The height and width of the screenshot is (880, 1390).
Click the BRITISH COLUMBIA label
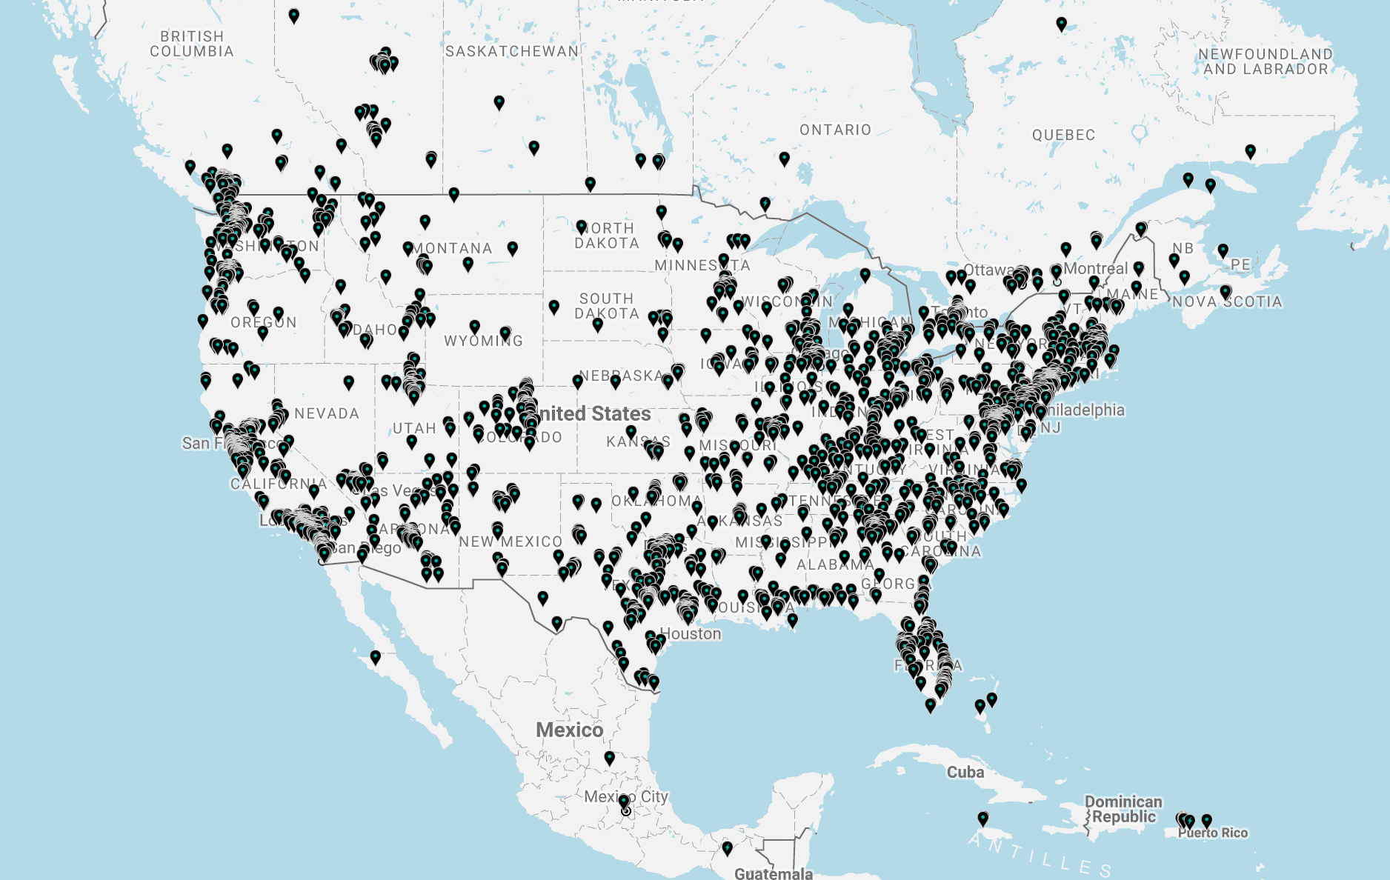click(192, 44)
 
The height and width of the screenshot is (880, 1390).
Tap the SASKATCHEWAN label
click(512, 51)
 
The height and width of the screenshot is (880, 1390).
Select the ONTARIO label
click(835, 130)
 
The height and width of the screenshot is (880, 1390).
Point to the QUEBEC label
click(1063, 135)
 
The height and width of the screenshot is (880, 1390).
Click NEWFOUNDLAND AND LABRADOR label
click(1266, 61)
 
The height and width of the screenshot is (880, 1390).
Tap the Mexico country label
click(569, 730)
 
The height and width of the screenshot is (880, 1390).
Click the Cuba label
click(965, 773)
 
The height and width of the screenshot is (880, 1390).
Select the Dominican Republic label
click(1123, 810)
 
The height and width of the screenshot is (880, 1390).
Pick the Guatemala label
click(774, 873)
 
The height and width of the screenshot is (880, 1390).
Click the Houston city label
click(690, 634)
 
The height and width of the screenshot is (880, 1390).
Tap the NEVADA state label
click(327, 413)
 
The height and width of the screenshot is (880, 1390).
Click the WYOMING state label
click(483, 341)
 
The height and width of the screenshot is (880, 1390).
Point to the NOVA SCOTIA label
click(1227, 302)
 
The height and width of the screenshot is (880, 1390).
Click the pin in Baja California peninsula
click(376, 656)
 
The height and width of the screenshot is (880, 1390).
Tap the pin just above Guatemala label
click(727, 847)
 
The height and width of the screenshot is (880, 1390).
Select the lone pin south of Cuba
click(982, 818)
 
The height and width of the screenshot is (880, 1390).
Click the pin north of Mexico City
click(609, 757)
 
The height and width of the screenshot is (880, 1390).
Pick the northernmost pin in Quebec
click(1061, 24)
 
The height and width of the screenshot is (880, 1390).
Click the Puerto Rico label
click(1213, 833)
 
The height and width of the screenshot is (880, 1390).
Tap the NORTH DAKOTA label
click(607, 236)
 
